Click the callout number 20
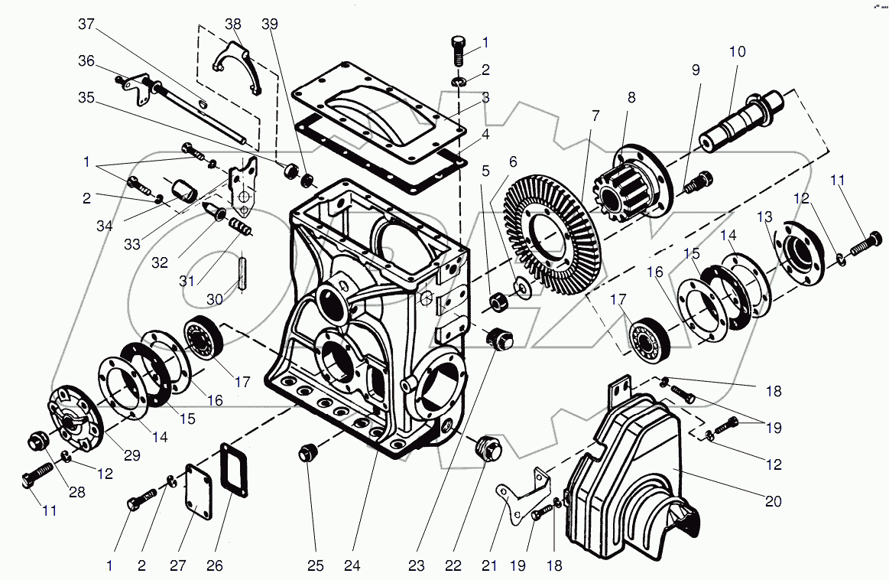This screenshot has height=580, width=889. click(x=774, y=502)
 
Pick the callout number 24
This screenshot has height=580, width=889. click(x=352, y=567)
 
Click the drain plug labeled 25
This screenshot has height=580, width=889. click(x=307, y=452)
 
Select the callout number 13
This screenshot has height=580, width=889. click(x=765, y=218)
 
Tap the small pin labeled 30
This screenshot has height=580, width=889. click(x=243, y=272)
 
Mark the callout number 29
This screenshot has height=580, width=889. click(x=133, y=455)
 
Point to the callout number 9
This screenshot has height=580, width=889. click(x=696, y=70)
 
